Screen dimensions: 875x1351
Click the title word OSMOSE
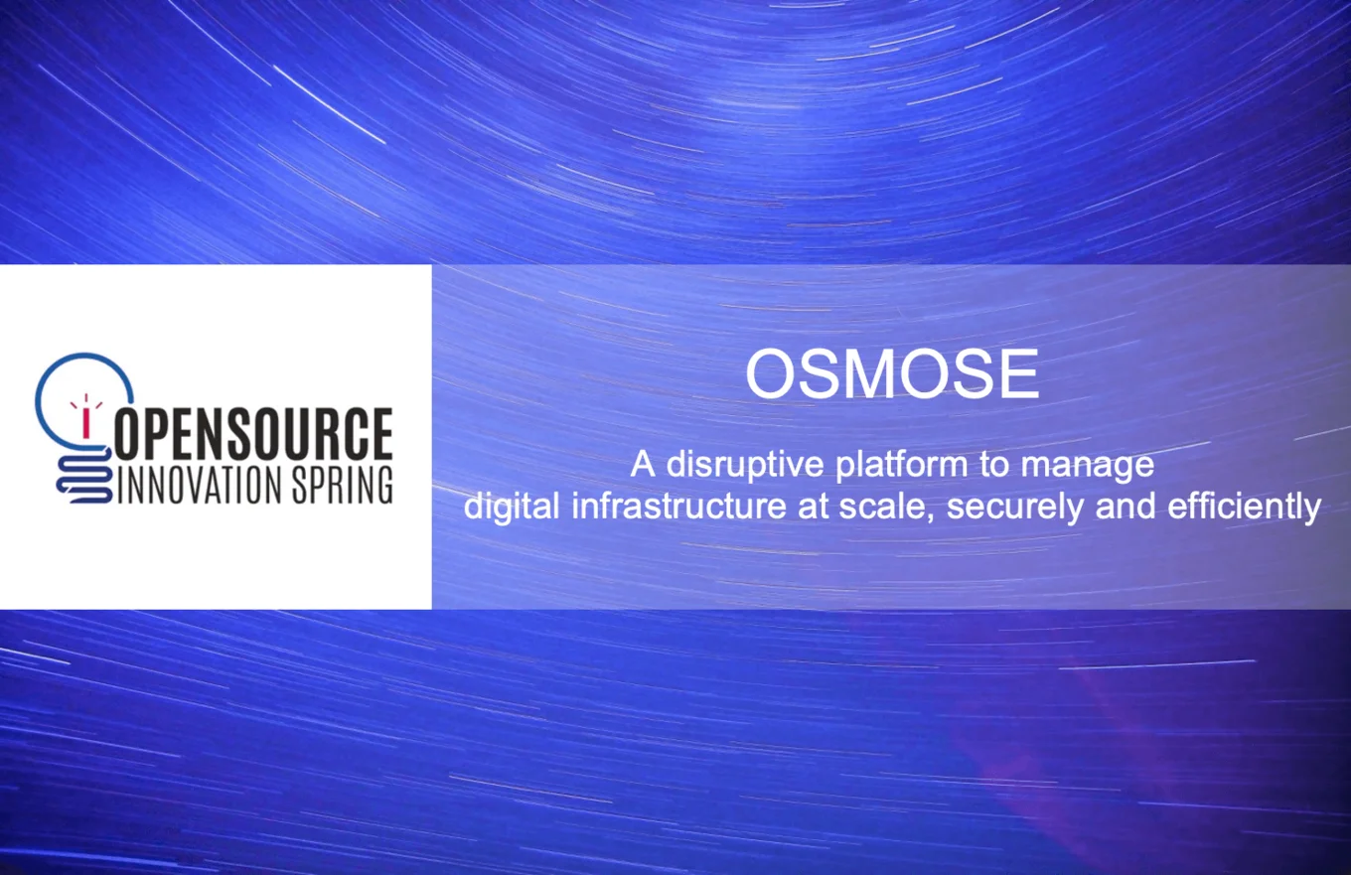(x=891, y=374)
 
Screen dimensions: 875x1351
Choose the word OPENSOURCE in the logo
(x=254, y=433)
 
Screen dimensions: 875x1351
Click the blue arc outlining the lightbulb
(x=60, y=372)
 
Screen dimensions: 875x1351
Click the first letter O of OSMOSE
(x=771, y=374)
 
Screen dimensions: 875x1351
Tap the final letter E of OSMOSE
(x=1017, y=374)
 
